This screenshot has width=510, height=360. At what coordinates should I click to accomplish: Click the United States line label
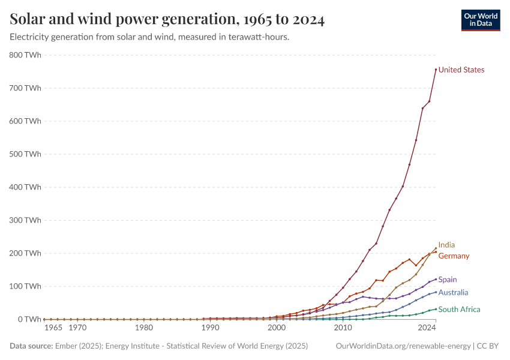pos(461,70)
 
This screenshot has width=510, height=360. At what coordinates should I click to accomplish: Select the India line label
pos(446,245)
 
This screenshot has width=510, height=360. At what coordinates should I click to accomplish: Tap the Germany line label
pos(454,256)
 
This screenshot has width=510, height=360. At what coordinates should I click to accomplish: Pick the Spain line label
pos(448,280)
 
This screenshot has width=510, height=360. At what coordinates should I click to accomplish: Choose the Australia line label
pos(453,293)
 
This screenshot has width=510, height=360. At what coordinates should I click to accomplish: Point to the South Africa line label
pos(459,310)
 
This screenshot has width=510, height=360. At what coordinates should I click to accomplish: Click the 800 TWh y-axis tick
pos(25,55)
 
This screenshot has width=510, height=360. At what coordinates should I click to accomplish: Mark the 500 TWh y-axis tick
pos(25,154)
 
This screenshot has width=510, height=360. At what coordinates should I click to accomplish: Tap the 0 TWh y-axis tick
pos(29,319)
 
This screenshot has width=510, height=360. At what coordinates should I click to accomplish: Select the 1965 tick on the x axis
pos(53,328)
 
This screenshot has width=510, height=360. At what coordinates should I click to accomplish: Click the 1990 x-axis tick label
pos(210,328)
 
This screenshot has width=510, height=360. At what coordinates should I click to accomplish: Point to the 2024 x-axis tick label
pos(427,328)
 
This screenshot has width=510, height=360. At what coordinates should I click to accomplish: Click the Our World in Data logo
pos(480,20)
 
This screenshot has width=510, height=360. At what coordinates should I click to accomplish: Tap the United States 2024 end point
pos(436,70)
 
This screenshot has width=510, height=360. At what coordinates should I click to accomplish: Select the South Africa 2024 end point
pos(436,309)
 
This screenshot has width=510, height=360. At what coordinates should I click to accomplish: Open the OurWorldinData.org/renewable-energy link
pos(403,346)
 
